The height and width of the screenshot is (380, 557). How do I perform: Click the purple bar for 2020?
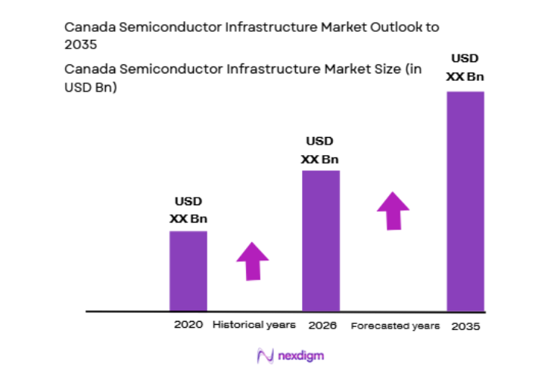(x=188, y=270)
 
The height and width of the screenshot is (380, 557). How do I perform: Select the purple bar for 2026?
(x=321, y=240)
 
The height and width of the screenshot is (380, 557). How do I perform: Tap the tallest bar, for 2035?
(x=465, y=201)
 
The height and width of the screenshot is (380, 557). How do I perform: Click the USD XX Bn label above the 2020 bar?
(x=188, y=210)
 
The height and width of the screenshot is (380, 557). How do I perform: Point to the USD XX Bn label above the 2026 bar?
(x=319, y=150)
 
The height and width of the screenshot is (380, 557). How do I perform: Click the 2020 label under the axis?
(x=188, y=325)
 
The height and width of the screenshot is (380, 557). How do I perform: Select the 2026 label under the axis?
(x=322, y=325)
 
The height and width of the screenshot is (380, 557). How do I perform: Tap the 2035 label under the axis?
(x=465, y=326)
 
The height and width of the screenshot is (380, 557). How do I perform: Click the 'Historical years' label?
(x=254, y=325)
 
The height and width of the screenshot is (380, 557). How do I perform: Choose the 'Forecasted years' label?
(x=394, y=325)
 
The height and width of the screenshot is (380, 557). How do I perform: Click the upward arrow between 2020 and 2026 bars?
(x=253, y=261)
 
